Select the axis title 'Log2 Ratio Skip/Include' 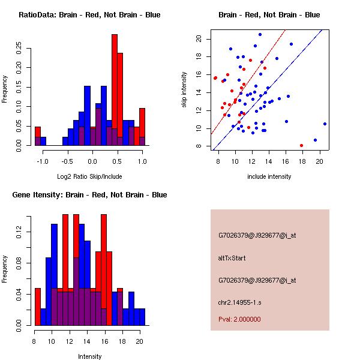coord(89,176)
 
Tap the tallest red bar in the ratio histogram coord(114,90)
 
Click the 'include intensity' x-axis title coord(269,176)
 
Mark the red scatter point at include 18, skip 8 coord(301,145)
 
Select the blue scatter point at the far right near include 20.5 coord(325,124)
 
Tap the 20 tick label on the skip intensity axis coord(197,39)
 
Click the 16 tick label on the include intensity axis coord(286,161)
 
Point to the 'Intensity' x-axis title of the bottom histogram coord(89,356)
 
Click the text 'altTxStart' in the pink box coord(232,258)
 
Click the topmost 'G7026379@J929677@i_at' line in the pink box coord(257,235)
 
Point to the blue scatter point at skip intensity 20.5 coord(260,34)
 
